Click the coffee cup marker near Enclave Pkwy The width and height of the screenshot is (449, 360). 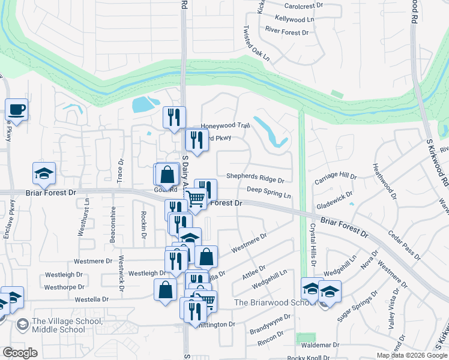[x=16, y=110]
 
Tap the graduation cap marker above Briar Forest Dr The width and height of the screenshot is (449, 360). [x=44, y=173]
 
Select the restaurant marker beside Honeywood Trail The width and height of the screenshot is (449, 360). [x=174, y=118]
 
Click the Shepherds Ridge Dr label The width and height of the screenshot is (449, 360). [x=255, y=178]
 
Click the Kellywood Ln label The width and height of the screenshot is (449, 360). [x=294, y=19]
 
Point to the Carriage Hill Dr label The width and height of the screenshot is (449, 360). [x=336, y=178]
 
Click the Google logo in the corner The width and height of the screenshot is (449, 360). [x=20, y=352]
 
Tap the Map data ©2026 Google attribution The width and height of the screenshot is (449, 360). [x=411, y=355]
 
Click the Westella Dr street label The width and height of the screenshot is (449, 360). [x=92, y=299]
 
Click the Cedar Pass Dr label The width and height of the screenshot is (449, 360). [x=403, y=245]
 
